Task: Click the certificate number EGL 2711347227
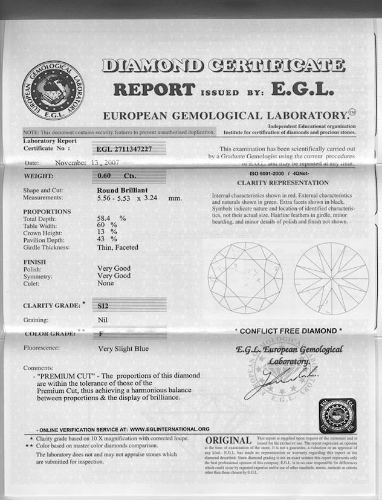click(125, 149)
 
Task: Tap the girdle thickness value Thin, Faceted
click(118, 247)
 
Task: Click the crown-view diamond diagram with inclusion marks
click(245, 278)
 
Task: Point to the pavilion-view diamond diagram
click(331, 278)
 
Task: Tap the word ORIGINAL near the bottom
click(228, 440)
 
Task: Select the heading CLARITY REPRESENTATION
click(283, 182)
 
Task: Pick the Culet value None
click(106, 283)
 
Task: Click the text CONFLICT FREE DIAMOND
click(288, 331)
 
